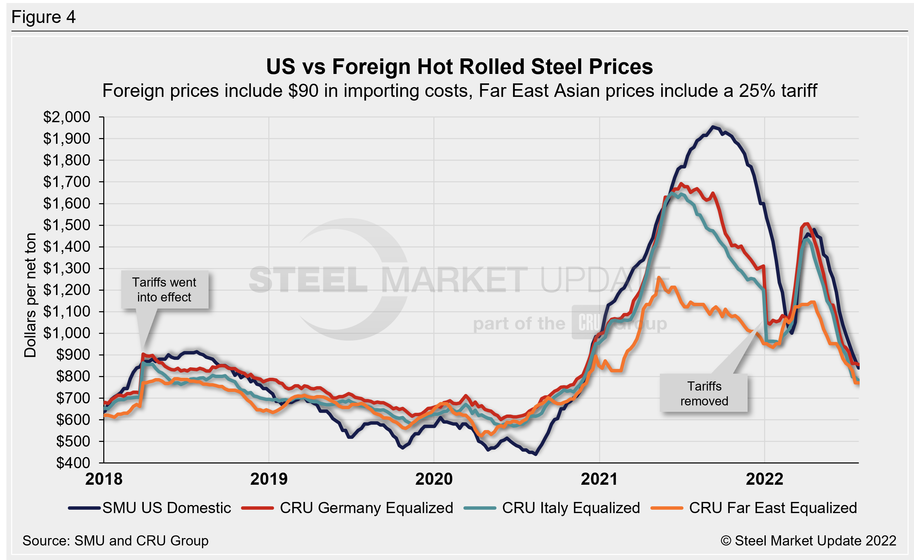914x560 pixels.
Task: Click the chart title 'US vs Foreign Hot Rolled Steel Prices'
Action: coord(459,67)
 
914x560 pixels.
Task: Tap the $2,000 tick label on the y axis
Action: coord(67,117)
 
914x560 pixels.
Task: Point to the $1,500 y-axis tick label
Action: coord(67,225)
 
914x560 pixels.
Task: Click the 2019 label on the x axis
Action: coord(269,479)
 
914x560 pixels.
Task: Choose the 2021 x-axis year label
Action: coord(599,479)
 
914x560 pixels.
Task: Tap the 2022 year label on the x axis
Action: coord(764,479)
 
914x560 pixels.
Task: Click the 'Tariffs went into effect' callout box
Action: coord(164,290)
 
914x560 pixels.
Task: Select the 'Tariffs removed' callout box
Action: coord(704,394)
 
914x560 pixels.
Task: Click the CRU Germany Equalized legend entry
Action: coord(348,508)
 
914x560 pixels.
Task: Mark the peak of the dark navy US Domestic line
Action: coord(713,127)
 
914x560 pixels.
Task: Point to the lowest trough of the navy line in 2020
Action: coord(535,454)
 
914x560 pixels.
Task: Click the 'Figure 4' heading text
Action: coord(44,17)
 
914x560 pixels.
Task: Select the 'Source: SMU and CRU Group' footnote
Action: coord(115,541)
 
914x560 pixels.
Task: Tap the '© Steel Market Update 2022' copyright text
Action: coord(808,541)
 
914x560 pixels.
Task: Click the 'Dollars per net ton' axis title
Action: coord(30,295)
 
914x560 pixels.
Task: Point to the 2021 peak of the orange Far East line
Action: coord(658,277)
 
